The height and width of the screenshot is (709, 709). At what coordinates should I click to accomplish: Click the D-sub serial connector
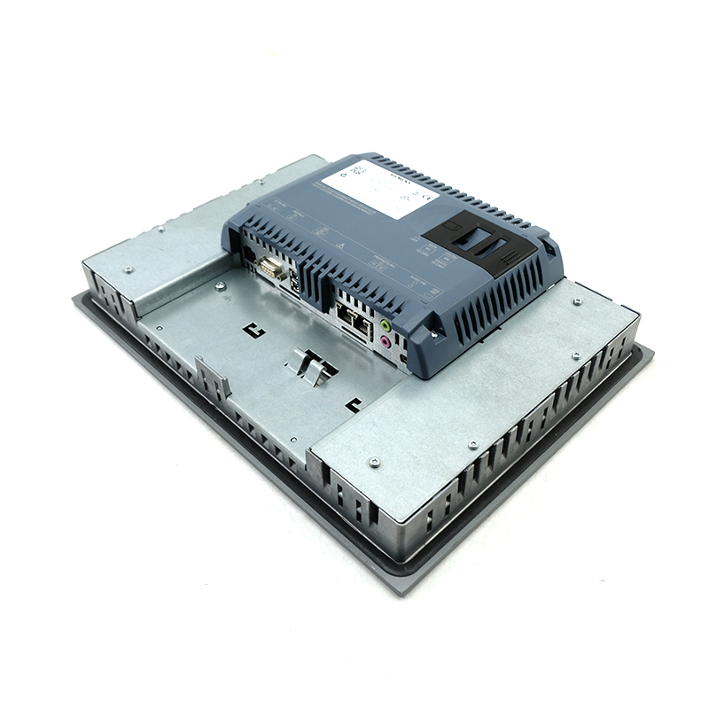point(272,268)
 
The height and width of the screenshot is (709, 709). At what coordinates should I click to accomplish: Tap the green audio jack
point(386,325)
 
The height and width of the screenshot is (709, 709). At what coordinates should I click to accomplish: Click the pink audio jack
point(386,341)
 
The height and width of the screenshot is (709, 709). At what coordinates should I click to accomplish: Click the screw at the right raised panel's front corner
point(374,462)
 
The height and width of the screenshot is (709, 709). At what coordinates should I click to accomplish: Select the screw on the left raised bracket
point(129,269)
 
